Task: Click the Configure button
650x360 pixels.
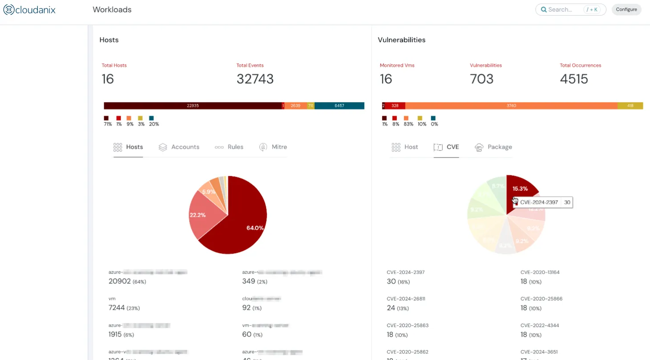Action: [626, 9]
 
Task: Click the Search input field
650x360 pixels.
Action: [565, 9]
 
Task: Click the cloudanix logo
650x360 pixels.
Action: [29, 9]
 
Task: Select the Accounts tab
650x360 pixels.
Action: [179, 147]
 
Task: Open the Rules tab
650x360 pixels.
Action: [229, 147]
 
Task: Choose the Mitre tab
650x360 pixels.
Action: [273, 147]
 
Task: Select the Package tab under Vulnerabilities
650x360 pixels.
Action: [493, 147]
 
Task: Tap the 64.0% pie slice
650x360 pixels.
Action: [249, 218]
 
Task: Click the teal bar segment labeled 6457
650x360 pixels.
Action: [339, 106]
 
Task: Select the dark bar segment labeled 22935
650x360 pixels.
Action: [193, 106]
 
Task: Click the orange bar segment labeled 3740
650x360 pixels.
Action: [511, 106]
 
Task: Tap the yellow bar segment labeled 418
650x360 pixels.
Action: [630, 106]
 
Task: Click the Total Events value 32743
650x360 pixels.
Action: [255, 79]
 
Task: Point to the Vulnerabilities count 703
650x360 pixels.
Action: [481, 79]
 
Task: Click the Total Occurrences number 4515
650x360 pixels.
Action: [573, 79]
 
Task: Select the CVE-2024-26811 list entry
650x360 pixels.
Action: [406, 299]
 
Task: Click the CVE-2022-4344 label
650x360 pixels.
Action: [539, 326]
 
